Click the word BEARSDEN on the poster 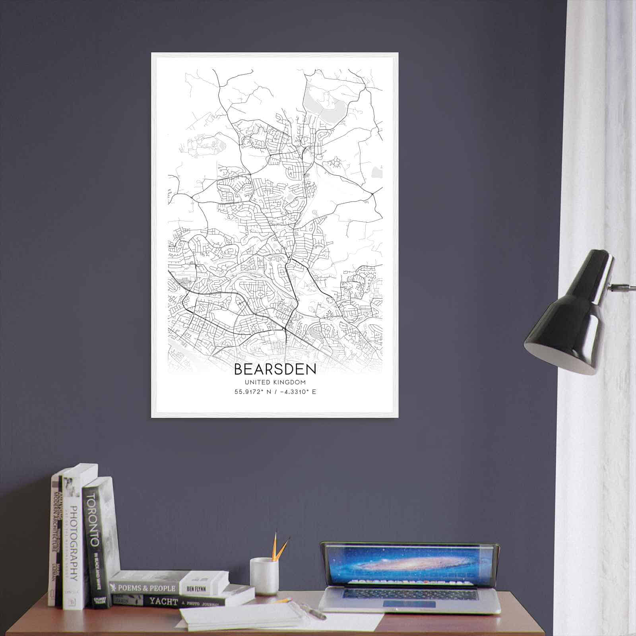tap(275, 369)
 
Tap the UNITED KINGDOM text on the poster tap(275, 382)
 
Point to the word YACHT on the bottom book tap(164, 601)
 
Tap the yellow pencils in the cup tap(278, 547)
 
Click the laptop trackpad tap(409, 604)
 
